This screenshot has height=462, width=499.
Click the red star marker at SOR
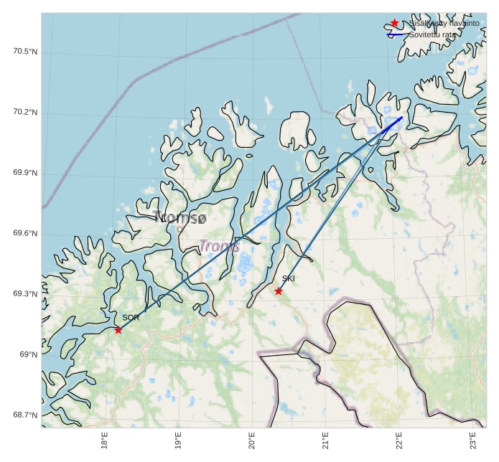point(118,330)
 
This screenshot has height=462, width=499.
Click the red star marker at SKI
point(279,291)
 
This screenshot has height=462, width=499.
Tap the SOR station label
point(130,317)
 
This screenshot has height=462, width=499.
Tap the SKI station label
point(289,278)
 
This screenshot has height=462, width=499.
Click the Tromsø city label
point(179,217)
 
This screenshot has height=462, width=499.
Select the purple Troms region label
point(219,246)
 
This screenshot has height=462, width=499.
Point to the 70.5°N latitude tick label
point(25,52)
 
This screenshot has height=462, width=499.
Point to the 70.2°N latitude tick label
point(25,113)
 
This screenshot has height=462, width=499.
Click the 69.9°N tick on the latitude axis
point(25,173)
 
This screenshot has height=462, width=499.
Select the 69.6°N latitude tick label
point(25,234)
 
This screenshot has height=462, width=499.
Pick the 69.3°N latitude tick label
point(25,294)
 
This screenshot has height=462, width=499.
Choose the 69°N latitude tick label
point(29,354)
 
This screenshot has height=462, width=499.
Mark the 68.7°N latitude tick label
point(25,415)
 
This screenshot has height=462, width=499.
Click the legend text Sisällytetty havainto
point(444,24)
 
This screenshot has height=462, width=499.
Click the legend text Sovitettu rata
point(432,34)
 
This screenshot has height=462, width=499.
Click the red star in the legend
point(394,23)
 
